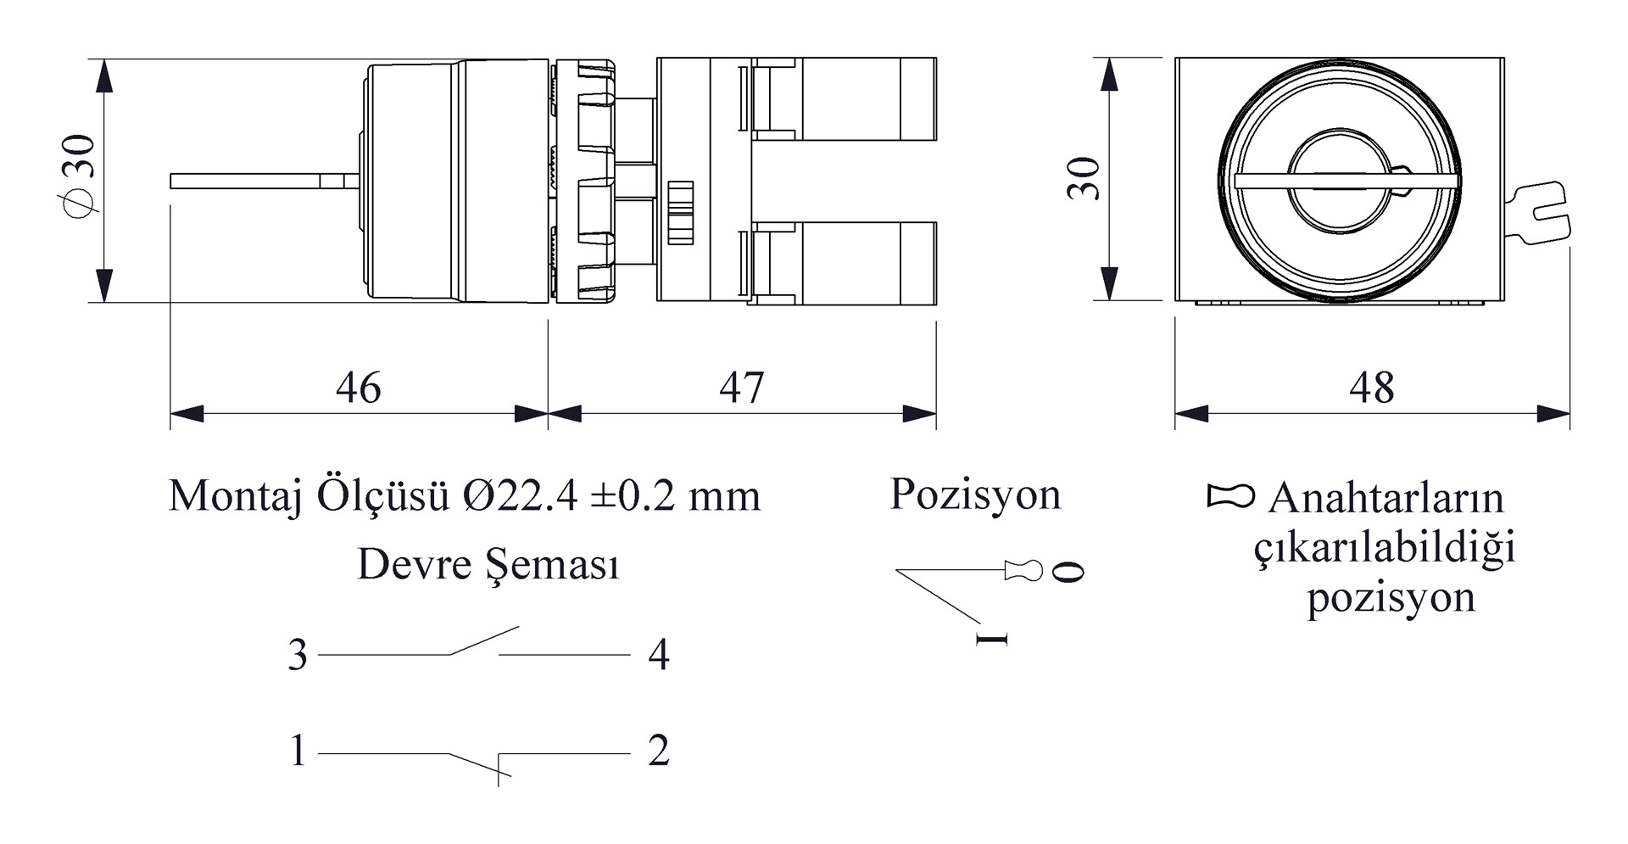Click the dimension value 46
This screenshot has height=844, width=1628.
coord(358,388)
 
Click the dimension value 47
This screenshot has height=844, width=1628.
coord(741,388)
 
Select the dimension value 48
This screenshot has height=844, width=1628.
coord(1371,388)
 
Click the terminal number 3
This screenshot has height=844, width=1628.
coord(298,655)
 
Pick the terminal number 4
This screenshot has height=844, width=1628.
coord(659,655)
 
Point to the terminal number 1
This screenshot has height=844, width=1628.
coord(298,751)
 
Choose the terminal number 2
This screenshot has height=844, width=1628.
coord(659,751)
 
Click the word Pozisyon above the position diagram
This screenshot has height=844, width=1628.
coord(975,495)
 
